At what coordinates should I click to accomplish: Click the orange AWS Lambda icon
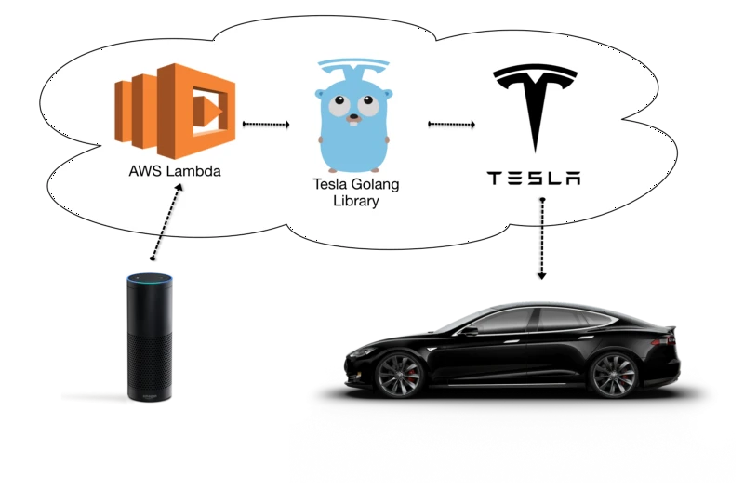[x=175, y=111]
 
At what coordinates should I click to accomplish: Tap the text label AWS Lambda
[x=175, y=171]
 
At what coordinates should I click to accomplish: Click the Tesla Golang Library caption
[x=356, y=192]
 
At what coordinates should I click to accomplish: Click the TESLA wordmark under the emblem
[x=534, y=179]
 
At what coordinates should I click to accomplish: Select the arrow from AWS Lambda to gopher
[x=266, y=125]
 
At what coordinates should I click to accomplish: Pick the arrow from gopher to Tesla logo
[x=451, y=125]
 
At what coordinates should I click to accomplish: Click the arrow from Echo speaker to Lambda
[x=166, y=221]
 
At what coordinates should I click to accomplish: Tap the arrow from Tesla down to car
[x=542, y=239]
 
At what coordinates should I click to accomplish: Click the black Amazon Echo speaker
[x=150, y=338]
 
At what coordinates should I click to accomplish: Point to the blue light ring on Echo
[x=150, y=276]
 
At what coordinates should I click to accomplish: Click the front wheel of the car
[x=399, y=375]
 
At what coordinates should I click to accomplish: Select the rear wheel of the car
[x=613, y=375]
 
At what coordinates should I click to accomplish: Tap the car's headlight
[x=362, y=352]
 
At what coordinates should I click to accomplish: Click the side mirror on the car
[x=470, y=331]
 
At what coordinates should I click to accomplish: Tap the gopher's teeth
[x=353, y=124]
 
